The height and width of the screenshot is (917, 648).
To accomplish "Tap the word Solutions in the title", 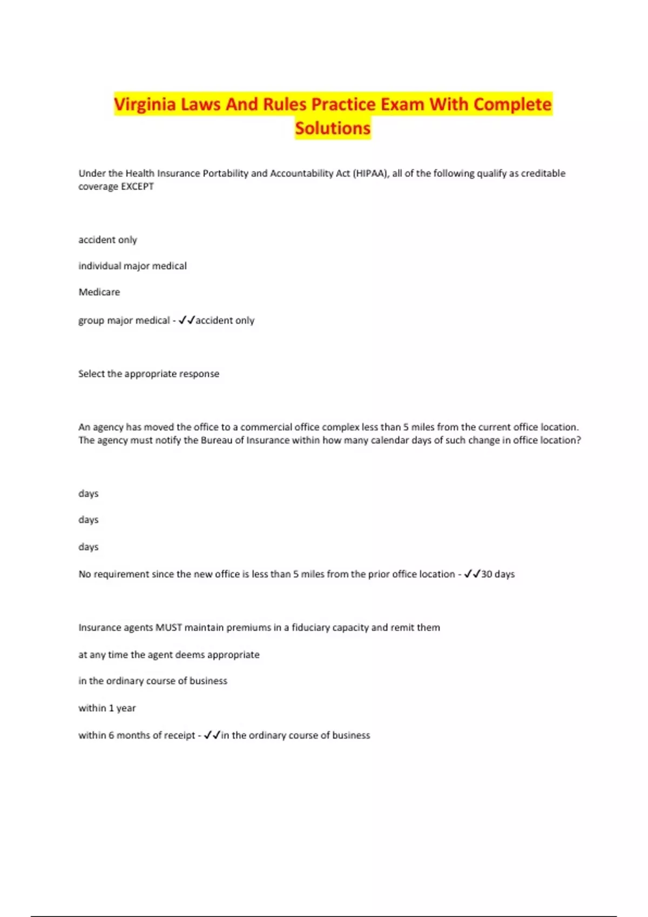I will pyautogui.click(x=333, y=128).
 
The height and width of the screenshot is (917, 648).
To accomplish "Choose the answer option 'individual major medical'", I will pyautogui.click(x=132, y=266).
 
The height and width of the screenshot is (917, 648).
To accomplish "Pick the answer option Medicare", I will pyautogui.click(x=99, y=292).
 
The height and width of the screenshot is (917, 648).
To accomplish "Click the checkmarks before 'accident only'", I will pyautogui.click(x=186, y=320).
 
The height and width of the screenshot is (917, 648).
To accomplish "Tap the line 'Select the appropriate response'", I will pyautogui.click(x=148, y=374).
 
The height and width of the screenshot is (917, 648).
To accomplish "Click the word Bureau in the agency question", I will pyautogui.click(x=217, y=440).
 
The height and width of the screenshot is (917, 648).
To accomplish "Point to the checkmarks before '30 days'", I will pyautogui.click(x=472, y=574).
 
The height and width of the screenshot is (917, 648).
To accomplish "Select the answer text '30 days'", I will pyautogui.click(x=498, y=574).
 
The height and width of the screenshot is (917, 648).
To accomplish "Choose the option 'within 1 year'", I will pyautogui.click(x=107, y=708).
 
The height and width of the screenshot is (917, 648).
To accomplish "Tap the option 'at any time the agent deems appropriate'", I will pyautogui.click(x=168, y=654).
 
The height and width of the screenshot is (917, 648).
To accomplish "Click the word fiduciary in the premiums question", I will pyautogui.click(x=310, y=627).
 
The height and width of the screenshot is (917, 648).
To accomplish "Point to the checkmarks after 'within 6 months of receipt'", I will pyautogui.click(x=212, y=735).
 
